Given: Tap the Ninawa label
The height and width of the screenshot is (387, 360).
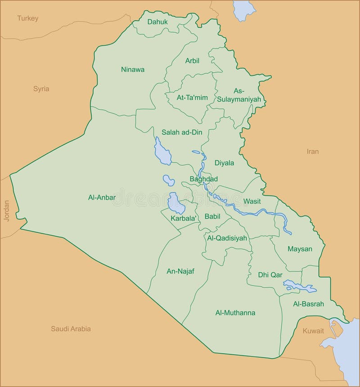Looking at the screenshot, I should tap(133, 69).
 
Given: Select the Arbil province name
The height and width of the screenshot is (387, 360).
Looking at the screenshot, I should tap(192, 61).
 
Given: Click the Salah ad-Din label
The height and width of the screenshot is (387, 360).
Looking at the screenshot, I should tap(182, 132).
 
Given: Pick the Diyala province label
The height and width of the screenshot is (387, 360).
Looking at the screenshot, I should tap(224, 163).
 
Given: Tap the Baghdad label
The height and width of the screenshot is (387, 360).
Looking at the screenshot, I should tap(203, 179).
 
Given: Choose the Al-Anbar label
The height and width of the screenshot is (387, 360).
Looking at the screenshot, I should tap(102, 197).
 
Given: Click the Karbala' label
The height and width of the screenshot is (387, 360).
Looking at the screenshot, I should tap(184, 218).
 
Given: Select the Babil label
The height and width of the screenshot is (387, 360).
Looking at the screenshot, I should tap(212, 216).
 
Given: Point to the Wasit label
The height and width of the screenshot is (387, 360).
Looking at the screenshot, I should tap(252, 201).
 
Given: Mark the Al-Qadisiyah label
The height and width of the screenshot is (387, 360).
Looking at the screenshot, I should tap(227, 238).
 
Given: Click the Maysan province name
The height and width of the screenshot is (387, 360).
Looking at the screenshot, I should tap(300, 249).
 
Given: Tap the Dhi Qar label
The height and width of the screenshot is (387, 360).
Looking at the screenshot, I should tap(270, 275).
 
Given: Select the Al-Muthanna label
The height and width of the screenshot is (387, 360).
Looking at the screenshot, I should tap(235, 313).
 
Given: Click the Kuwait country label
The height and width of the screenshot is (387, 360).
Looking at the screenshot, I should tap(313, 331).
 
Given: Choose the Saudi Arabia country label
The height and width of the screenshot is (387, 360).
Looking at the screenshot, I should tap(71, 329).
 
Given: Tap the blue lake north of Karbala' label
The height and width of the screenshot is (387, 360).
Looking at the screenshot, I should tap(176, 203).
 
